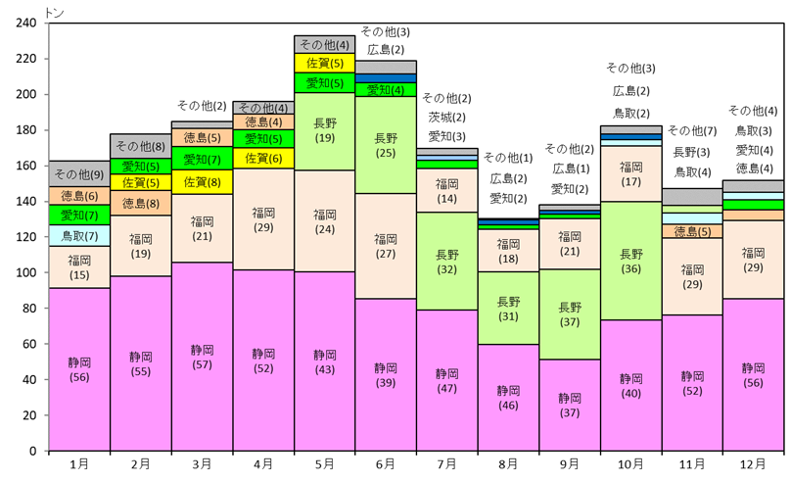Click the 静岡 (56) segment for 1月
[78, 368]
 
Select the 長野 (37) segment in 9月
[569, 313]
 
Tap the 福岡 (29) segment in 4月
[262, 218]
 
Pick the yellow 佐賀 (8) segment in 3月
[202, 181]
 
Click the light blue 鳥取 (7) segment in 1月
[78, 235]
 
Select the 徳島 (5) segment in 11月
[692, 231]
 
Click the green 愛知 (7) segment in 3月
[202, 159]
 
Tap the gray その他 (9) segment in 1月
[78, 173]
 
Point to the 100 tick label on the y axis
[29, 273]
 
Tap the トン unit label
[54, 10]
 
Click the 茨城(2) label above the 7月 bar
[446, 118]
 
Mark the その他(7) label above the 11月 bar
[692, 131]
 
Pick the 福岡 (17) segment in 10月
[630, 173]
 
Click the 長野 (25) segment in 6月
[386, 145]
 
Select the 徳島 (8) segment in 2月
[140, 204]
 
